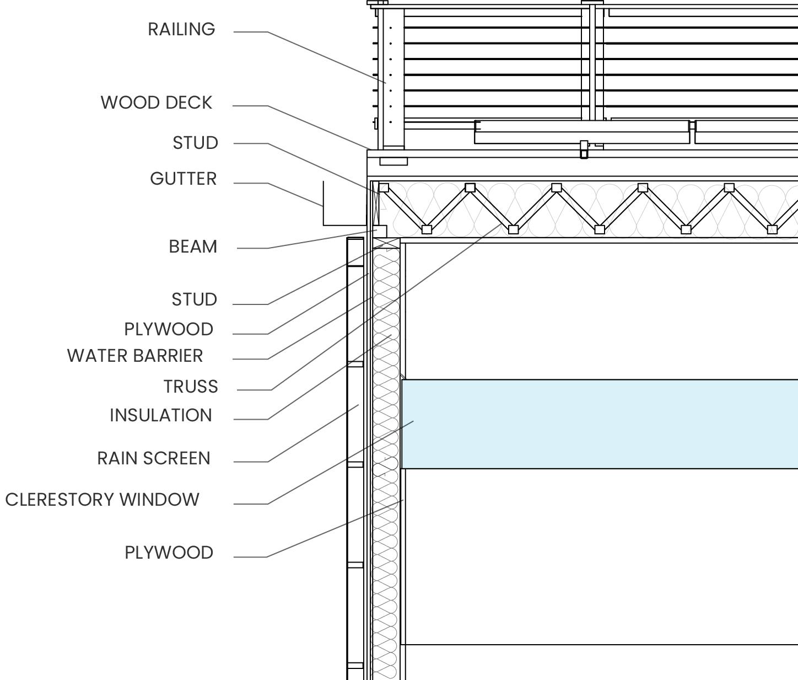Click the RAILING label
[x=181, y=29]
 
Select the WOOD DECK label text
[x=157, y=103]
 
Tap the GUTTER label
[x=183, y=179]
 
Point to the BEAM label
[x=193, y=247]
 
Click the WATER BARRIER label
[x=135, y=356]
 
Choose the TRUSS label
[x=191, y=387]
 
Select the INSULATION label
[x=161, y=415]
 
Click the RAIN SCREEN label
[x=154, y=458]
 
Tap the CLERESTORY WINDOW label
[x=103, y=500]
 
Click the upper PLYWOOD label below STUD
[x=169, y=329]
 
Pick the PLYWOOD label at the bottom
[x=169, y=553]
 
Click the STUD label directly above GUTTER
[x=195, y=143]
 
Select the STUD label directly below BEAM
[x=194, y=299]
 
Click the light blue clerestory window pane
[x=600, y=424]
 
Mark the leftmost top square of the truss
[x=384, y=188]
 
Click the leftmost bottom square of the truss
[x=427, y=229]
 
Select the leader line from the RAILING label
[x=325, y=57]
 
